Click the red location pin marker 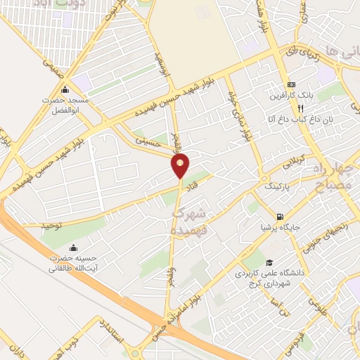coord(181,166)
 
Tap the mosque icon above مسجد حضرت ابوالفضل coord(65,90)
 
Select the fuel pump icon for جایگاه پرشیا coord(281,217)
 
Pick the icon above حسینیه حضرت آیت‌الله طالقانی coord(75,247)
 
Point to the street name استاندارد coord(112,330)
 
